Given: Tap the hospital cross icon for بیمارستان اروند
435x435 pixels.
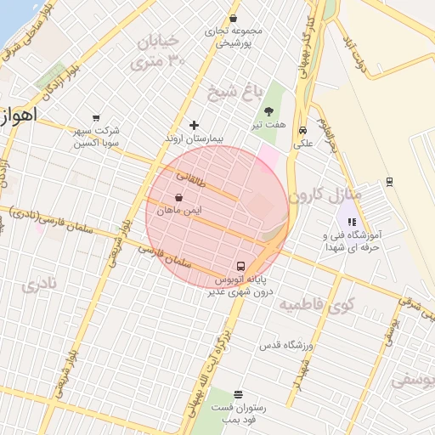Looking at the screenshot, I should click(194, 125).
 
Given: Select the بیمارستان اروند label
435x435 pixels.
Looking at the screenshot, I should click(194, 137).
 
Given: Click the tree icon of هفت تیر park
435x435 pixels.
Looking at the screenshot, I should click(269, 111).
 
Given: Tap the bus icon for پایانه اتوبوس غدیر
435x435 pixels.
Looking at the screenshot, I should click(241, 265).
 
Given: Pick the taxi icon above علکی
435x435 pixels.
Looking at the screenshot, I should click(302, 130).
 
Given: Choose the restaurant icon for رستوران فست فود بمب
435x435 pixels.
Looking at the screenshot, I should click(238, 394).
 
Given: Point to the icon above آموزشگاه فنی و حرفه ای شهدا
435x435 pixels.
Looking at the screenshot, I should click(352, 222).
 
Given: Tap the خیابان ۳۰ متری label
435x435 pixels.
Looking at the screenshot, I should click(156, 51).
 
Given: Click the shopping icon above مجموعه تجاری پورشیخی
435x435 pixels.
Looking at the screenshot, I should click(233, 19).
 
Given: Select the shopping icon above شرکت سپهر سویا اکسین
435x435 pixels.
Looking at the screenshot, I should click(95, 118).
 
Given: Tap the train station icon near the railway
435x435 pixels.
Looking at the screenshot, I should click(389, 181).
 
